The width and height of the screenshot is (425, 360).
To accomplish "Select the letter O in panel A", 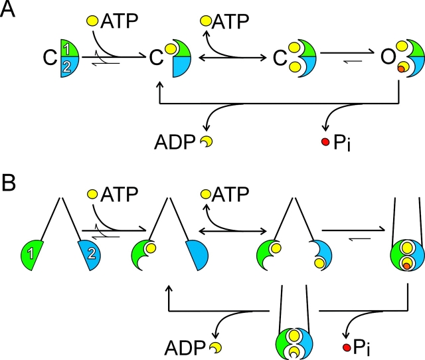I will click(381, 58).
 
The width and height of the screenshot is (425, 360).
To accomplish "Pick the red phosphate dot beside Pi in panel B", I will click(346, 347).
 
